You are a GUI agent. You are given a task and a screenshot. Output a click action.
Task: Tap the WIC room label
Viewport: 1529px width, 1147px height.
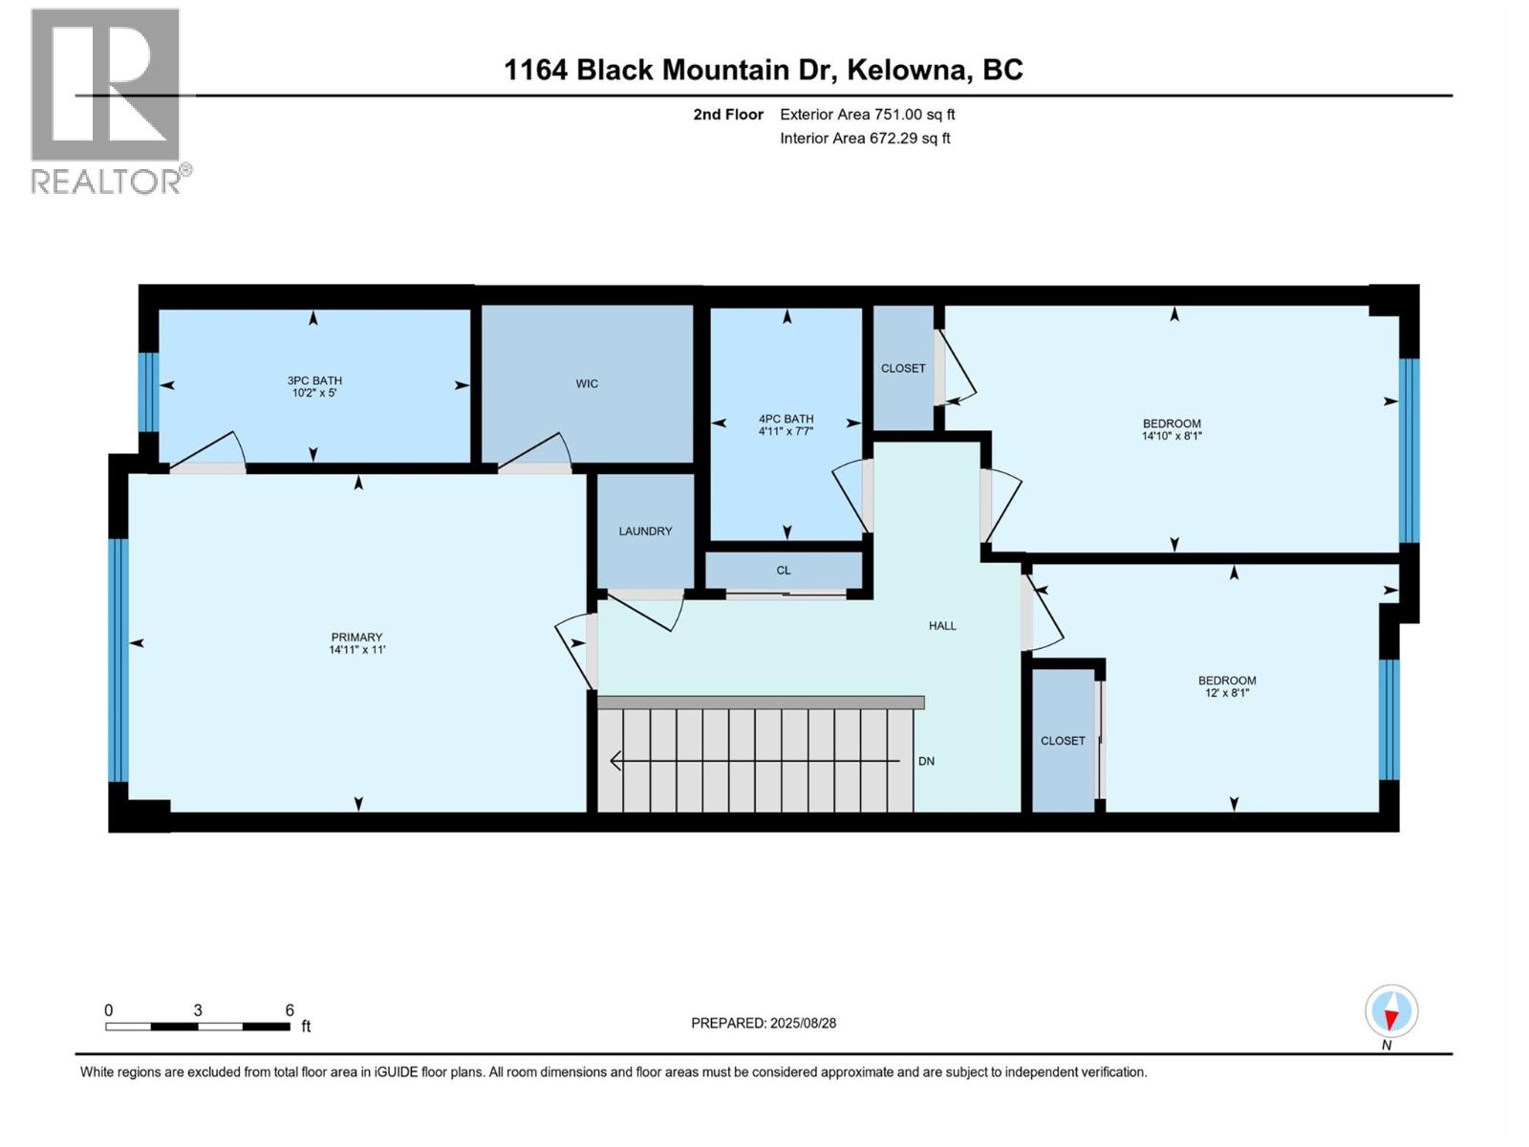coord(587,383)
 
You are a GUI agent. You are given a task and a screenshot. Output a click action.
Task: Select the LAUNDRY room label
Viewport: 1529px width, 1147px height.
coord(645,531)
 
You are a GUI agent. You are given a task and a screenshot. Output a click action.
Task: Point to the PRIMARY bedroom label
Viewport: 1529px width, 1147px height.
coord(356,638)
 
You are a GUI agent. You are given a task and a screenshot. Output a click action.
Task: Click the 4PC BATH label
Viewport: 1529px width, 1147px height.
coord(786,419)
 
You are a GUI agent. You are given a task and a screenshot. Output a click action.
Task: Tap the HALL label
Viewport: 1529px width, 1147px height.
coord(942,626)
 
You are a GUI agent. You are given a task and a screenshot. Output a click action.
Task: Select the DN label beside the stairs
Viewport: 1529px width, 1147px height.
coord(926,762)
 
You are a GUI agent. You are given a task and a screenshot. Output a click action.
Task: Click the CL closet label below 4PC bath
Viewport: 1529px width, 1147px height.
coord(784,571)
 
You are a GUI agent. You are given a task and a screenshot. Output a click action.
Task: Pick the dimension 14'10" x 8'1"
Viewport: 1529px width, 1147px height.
coord(1172,436)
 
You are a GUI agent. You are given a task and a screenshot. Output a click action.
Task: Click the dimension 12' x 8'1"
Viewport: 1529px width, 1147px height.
coord(1227,693)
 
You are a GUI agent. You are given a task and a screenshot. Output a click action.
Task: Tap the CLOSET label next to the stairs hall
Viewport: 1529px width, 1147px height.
coord(1063,741)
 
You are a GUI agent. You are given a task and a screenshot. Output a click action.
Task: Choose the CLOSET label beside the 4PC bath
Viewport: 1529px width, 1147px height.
coord(903,368)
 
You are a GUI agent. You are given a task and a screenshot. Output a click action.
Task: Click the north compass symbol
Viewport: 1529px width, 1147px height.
coord(1391,1011)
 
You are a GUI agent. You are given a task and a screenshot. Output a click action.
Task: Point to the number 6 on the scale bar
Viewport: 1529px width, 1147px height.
coord(290,1010)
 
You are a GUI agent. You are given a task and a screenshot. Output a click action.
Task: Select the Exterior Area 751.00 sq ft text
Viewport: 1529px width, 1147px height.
coord(867,115)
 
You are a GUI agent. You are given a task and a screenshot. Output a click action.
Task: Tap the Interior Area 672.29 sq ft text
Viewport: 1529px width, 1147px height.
coord(865,139)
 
